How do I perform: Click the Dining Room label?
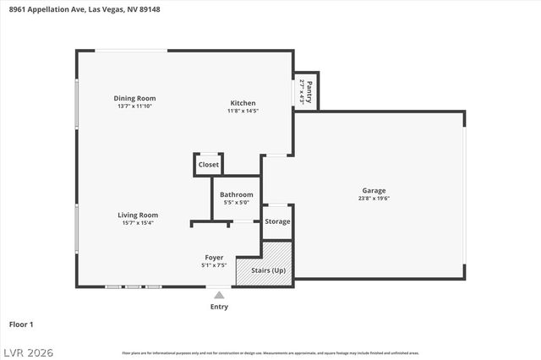(135, 98)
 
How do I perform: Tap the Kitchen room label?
(243, 103)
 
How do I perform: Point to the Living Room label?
(138, 215)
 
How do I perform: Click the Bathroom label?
(236, 194)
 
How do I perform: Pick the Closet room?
(208, 164)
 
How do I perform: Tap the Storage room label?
(277, 221)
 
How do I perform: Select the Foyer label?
(214, 257)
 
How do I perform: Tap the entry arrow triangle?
(219, 295)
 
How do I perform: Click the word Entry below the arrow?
(219, 307)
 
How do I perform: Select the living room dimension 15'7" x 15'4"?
(138, 222)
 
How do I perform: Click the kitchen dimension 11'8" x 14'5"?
(243, 111)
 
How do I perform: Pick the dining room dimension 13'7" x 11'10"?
(135, 106)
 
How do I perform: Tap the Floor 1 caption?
(21, 324)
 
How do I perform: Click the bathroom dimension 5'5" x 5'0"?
(236, 202)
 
